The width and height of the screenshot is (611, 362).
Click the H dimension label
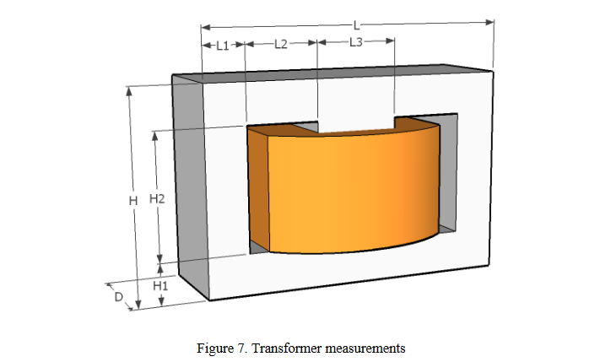click(132, 200)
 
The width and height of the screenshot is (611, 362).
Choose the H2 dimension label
click(156, 199)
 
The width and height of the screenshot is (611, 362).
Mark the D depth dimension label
click(120, 296)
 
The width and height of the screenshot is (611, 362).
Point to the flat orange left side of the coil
click(257, 190)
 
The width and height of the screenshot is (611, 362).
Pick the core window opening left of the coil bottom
click(257, 248)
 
